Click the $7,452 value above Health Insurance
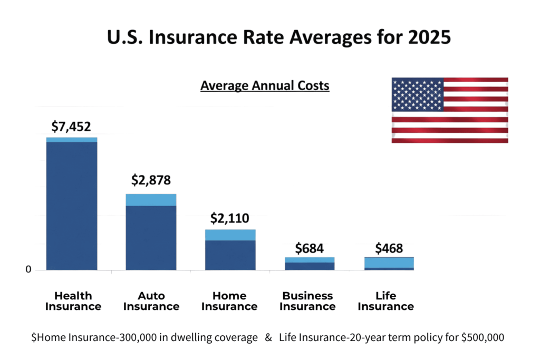71,127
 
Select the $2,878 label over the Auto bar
151,180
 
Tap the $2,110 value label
230,218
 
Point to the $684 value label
309,248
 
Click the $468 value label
389,248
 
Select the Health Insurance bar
72,206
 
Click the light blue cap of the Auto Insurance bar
151,200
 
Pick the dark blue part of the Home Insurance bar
230,255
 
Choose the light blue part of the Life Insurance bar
389,262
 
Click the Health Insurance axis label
73,301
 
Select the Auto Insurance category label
151,301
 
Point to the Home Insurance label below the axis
229,301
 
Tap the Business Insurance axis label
307,301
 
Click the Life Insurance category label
385,301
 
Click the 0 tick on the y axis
28,270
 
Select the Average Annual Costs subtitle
265,85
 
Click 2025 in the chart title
425,38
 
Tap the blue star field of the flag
417,94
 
